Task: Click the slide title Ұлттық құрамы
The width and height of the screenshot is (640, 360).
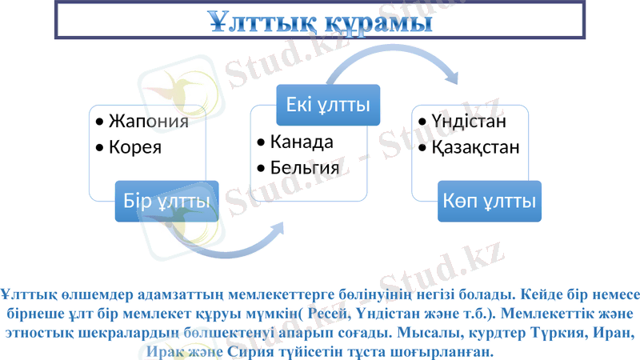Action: pyautogui.click(x=318, y=21)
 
